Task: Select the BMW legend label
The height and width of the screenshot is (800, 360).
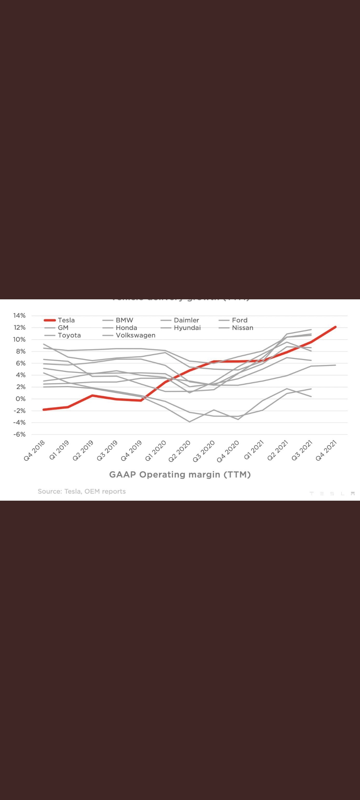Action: click(124, 320)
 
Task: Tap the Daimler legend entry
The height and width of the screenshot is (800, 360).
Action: click(186, 320)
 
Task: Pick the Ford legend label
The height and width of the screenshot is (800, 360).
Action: click(239, 320)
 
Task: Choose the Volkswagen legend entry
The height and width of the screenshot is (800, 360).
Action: click(135, 335)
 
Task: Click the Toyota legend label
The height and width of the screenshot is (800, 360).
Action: click(69, 335)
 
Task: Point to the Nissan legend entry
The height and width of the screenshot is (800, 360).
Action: click(242, 328)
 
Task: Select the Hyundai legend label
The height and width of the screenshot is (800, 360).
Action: click(187, 328)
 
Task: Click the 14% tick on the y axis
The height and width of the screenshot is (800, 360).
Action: click(19, 315)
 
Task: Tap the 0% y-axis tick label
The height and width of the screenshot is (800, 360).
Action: click(20, 399)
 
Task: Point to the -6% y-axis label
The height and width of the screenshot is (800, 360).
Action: click(19, 434)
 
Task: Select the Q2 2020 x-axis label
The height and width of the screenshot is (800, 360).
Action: click(179, 451)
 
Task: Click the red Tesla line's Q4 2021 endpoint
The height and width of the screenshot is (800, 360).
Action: click(335, 327)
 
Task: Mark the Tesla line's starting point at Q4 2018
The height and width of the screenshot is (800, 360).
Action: click(44, 410)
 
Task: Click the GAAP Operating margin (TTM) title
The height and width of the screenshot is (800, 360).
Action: click(180, 474)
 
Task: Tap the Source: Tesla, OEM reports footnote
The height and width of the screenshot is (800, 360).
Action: click(82, 491)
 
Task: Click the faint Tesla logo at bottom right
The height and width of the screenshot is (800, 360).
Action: click(332, 494)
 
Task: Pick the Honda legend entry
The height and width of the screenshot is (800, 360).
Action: click(126, 328)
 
